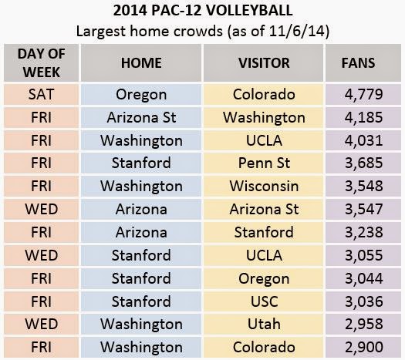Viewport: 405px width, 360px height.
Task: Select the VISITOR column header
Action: [x=264, y=63]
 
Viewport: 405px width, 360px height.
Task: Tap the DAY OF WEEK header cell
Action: [x=42, y=63]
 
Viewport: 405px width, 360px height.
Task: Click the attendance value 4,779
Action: [x=363, y=94]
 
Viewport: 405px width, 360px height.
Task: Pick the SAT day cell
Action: [x=42, y=94]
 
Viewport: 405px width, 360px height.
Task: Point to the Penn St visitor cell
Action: [x=264, y=163]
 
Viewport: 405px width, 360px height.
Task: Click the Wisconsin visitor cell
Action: [x=264, y=186]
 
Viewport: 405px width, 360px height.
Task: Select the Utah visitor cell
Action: [x=264, y=324]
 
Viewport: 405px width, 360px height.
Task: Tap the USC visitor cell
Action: [x=264, y=301]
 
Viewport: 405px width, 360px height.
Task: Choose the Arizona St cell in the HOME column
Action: [x=141, y=117]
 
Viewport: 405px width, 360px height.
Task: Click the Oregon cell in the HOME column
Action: [x=141, y=95]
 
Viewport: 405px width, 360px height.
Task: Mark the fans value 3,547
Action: [x=363, y=209]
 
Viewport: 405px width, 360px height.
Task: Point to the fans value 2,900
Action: [x=363, y=347]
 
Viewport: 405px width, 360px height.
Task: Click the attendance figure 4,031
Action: [x=363, y=140]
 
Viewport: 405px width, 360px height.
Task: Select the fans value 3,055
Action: [x=363, y=255]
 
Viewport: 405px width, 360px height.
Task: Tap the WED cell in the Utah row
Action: [x=42, y=324]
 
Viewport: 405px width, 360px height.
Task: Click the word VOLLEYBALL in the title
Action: [x=249, y=11]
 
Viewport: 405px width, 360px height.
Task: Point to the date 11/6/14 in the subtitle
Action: [x=296, y=31]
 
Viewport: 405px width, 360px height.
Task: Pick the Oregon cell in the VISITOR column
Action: [x=264, y=278]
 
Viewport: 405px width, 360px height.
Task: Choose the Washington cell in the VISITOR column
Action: [x=264, y=117]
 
